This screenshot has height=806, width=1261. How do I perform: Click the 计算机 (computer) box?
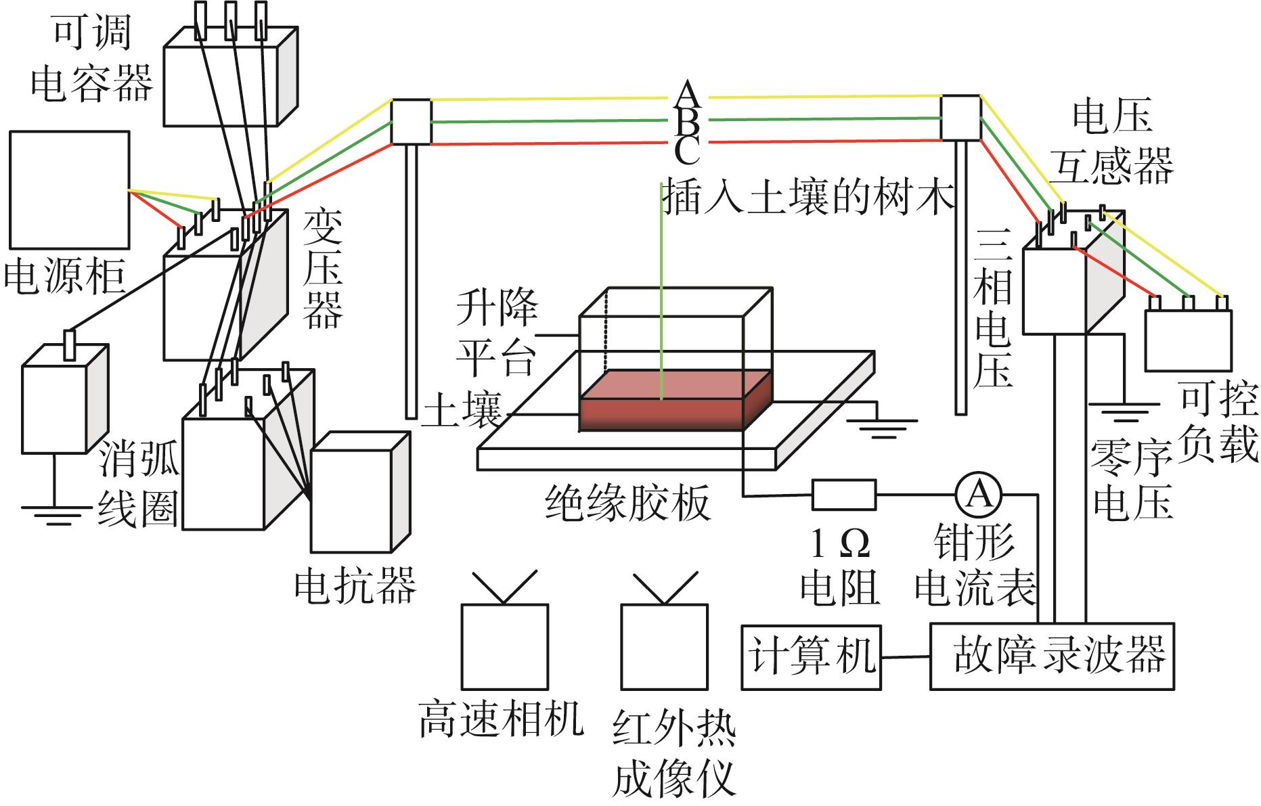point(812,657)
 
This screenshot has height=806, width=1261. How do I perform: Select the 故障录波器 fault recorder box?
point(1053,656)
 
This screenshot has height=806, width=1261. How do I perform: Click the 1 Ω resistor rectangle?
point(843,495)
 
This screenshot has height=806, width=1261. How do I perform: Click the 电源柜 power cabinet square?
point(70,190)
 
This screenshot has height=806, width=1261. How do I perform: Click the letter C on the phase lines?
point(687,150)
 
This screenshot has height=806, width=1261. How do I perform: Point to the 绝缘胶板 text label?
point(628,503)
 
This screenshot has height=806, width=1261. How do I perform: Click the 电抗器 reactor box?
point(360,493)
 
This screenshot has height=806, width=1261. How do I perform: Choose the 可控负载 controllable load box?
point(1188,340)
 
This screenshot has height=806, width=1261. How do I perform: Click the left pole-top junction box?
point(412,122)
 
